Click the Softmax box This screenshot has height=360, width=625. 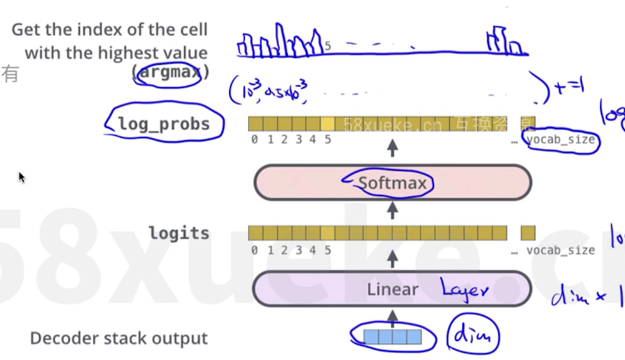(393, 182)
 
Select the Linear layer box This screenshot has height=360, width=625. (393, 289)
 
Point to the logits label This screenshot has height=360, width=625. (178, 233)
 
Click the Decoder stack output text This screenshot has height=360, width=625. (119, 338)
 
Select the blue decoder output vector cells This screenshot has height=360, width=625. (393, 337)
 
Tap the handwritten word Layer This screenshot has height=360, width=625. (466, 289)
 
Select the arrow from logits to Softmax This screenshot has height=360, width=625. (393, 214)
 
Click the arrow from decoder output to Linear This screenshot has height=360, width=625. (393, 318)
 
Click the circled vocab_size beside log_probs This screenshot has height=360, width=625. (560, 139)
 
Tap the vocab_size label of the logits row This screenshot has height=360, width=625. (560, 250)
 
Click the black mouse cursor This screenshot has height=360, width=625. (22, 177)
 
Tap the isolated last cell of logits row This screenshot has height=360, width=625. (528, 233)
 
